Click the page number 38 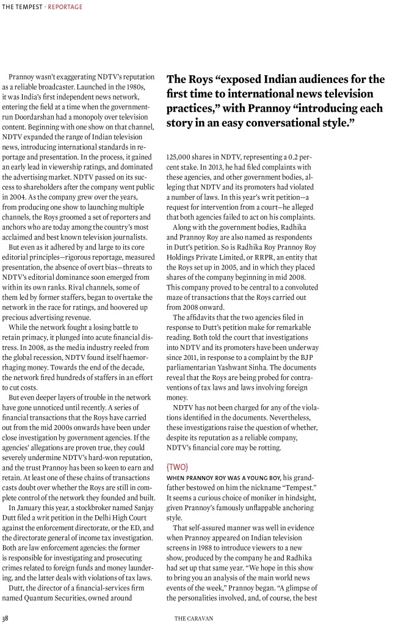pyautogui.click(x=5, y=618)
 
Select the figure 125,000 pyautogui.click(x=180, y=157)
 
